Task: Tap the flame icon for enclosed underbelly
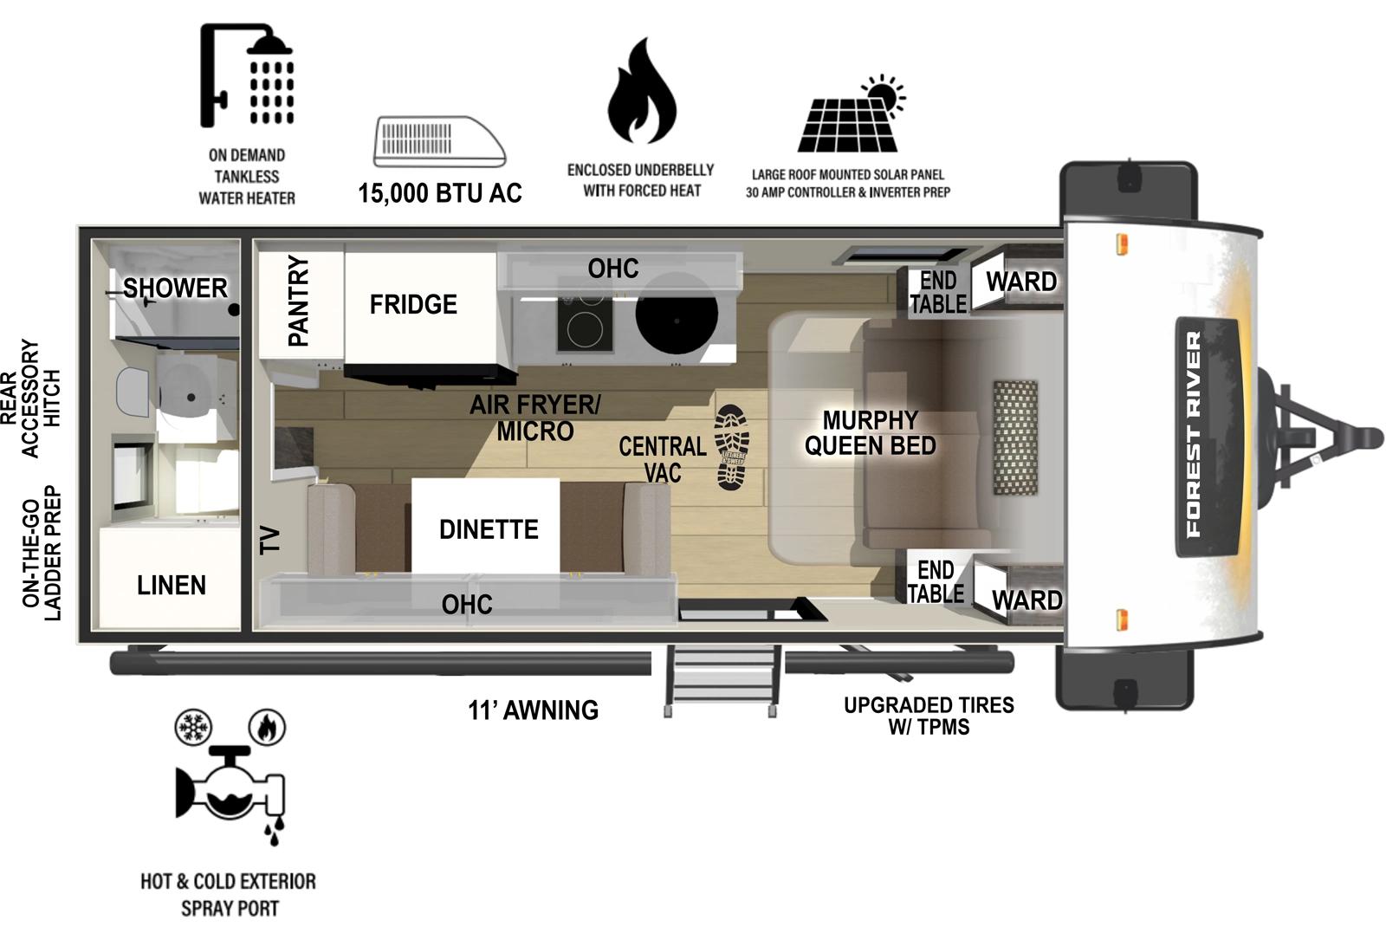pos(641,93)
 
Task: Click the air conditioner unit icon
pos(439,142)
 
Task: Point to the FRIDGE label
pos(413,304)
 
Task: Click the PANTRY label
pos(298,301)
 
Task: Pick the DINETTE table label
pos(488,528)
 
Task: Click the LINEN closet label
pos(172,585)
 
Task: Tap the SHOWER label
pos(175,288)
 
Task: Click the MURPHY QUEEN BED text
pos(870,432)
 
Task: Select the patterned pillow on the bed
pos(1015,437)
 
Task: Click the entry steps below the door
pos(721,680)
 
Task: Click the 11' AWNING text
pos(534,710)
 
